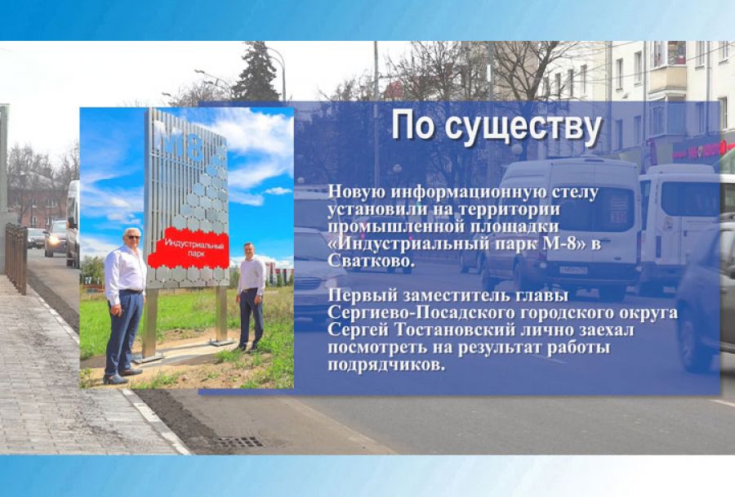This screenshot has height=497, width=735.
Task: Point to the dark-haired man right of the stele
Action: click(252, 298)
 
